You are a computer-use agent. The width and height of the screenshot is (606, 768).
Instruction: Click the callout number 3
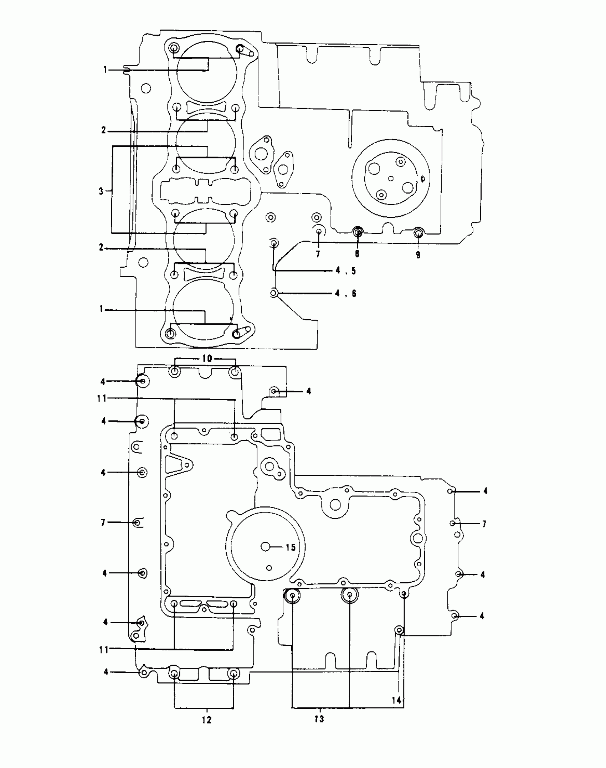(x=101, y=191)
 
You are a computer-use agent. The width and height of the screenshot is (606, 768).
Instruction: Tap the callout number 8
(x=357, y=254)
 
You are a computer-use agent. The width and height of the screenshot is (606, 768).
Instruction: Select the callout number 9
(x=418, y=255)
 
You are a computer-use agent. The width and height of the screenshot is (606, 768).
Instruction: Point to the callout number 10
(x=207, y=359)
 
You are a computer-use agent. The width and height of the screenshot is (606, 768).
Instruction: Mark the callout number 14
(x=396, y=700)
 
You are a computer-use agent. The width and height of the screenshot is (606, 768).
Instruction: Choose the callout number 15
(x=291, y=547)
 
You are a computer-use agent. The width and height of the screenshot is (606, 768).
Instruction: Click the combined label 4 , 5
(x=345, y=271)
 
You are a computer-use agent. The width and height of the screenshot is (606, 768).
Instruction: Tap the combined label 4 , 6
(x=345, y=293)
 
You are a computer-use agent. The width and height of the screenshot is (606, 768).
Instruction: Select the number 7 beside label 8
(x=318, y=254)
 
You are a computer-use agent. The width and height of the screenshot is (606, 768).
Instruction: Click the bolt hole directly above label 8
(x=358, y=233)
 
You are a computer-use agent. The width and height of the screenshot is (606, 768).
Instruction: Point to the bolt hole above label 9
(x=418, y=233)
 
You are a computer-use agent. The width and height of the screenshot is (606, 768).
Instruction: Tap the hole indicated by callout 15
(x=266, y=547)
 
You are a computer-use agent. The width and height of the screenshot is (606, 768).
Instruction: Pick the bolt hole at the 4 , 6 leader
(x=274, y=293)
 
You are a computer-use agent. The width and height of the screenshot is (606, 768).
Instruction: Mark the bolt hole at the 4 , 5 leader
(x=274, y=244)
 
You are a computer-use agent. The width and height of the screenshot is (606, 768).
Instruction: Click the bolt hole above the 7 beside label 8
(x=319, y=232)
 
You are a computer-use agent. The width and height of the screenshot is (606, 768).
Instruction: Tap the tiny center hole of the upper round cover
(x=391, y=178)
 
